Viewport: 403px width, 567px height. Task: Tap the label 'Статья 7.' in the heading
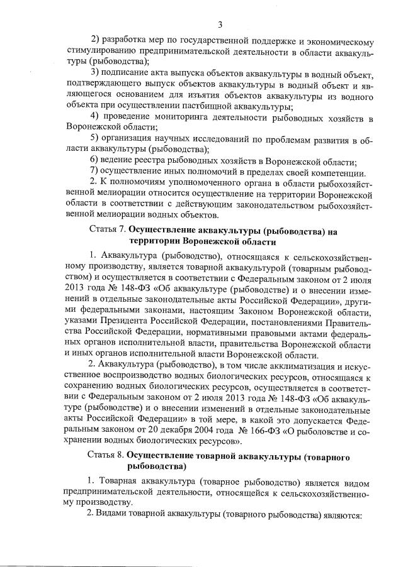coord(110,232)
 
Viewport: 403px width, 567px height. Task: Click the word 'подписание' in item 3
coord(124,73)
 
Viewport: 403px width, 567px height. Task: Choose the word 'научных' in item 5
coord(166,140)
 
